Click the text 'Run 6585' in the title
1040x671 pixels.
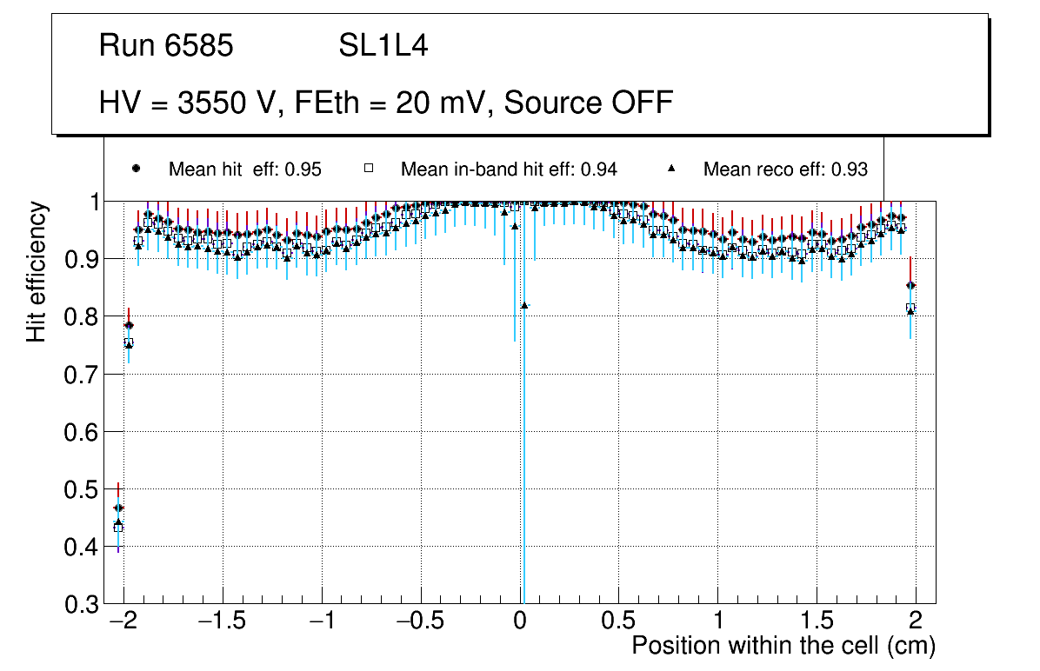pos(166,46)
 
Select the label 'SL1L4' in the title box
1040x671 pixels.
pos(383,46)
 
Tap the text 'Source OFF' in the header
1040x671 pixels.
pos(589,103)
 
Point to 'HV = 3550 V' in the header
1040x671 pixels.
pos(187,103)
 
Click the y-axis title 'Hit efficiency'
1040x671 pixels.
pos(37,271)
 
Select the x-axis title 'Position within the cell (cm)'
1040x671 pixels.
pos(783,646)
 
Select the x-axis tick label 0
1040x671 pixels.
pos(520,622)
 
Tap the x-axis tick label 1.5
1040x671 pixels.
pos(817,622)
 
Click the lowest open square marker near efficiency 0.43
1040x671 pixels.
pos(118,528)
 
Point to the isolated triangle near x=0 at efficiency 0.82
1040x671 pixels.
pos(524,305)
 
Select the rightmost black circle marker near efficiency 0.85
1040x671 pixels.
pos(910,285)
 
